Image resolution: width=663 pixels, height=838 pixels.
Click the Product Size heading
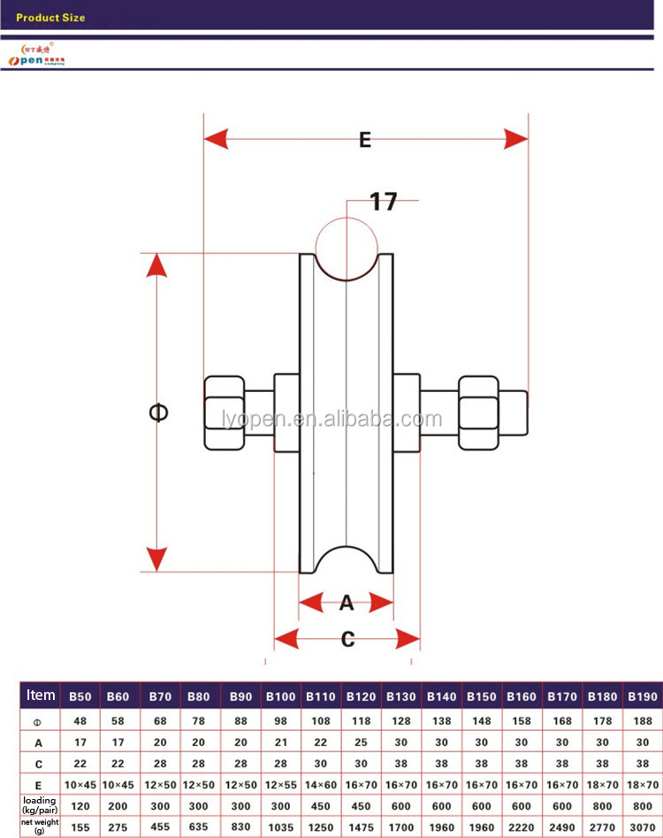pyautogui.click(x=50, y=17)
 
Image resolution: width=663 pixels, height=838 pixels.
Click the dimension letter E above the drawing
pyautogui.click(x=364, y=139)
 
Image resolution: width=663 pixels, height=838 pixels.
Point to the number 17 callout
pyautogui.click(x=383, y=202)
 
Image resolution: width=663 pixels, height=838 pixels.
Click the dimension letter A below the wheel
pyautogui.click(x=347, y=604)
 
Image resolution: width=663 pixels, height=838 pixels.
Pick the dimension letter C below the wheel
pyautogui.click(x=347, y=638)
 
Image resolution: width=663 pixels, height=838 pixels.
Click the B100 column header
pyautogui.click(x=281, y=696)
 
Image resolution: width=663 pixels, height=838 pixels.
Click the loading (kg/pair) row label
pyautogui.click(x=40, y=805)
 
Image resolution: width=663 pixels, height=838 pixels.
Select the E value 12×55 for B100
pyautogui.click(x=281, y=784)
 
